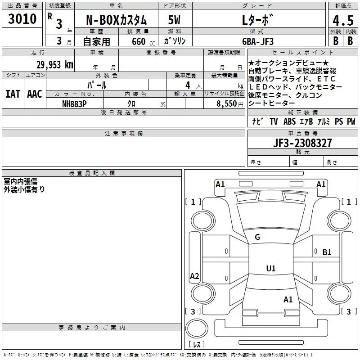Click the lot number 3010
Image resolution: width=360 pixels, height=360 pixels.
[x=22, y=19]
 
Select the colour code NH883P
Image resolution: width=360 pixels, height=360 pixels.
[x=74, y=103]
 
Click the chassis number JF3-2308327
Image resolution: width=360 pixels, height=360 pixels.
[x=302, y=143]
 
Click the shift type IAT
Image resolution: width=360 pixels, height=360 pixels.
[x=13, y=94]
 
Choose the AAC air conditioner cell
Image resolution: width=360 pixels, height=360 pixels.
[x=34, y=94]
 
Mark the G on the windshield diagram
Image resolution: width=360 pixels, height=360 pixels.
[x=257, y=237]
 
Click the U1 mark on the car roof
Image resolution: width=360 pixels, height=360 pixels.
[x=270, y=268]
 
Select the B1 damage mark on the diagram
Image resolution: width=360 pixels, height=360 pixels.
[x=327, y=252]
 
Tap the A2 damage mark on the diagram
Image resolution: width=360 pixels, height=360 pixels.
[x=194, y=276]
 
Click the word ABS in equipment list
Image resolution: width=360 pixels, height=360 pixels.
[x=289, y=121]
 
